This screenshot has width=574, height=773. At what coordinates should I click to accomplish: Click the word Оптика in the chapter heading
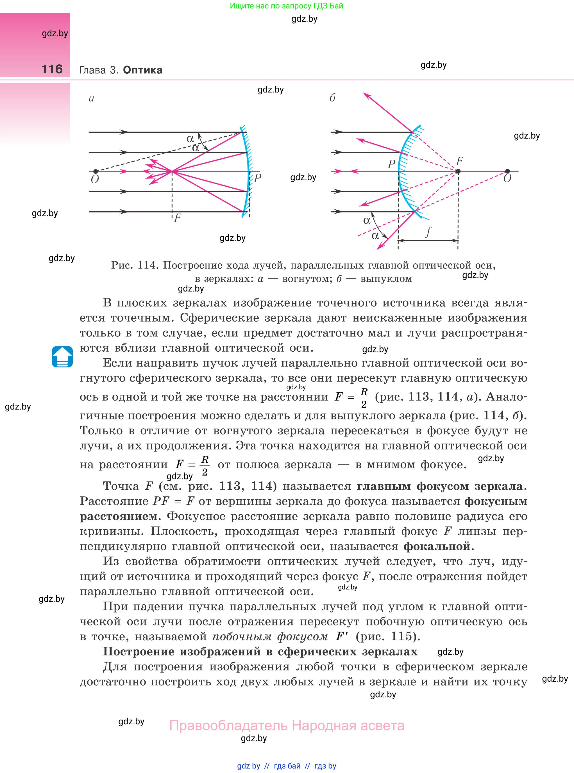(142, 70)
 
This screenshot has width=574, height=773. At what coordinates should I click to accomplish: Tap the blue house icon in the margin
(62, 357)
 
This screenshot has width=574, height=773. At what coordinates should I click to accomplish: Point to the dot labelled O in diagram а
(96, 171)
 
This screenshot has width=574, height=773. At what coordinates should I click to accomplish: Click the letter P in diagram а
(257, 178)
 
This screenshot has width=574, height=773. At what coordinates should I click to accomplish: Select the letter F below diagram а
(178, 218)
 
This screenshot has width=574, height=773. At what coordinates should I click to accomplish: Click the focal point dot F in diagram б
(458, 171)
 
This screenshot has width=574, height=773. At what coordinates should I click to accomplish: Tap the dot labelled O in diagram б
(507, 171)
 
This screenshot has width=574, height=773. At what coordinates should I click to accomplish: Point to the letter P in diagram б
(392, 164)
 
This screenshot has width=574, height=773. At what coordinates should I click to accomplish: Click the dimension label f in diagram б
(428, 232)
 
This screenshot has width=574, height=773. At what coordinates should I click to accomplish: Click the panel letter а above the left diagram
(91, 98)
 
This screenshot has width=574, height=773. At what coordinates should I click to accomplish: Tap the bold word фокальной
(437, 546)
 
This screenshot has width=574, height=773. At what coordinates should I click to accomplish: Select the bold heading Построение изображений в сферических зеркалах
(260, 651)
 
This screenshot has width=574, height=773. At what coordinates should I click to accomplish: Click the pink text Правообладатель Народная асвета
(287, 726)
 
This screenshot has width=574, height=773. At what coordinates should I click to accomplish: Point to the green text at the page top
(286, 6)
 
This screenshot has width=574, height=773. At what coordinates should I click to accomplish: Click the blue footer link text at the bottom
(287, 766)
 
